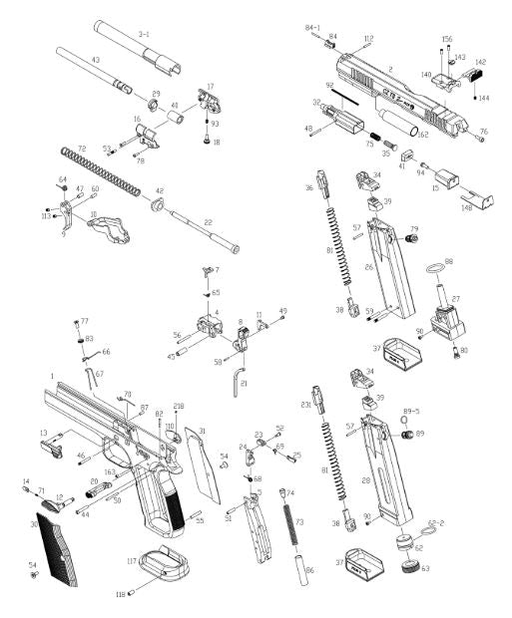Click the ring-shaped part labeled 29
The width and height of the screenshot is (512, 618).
[x=155, y=109]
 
